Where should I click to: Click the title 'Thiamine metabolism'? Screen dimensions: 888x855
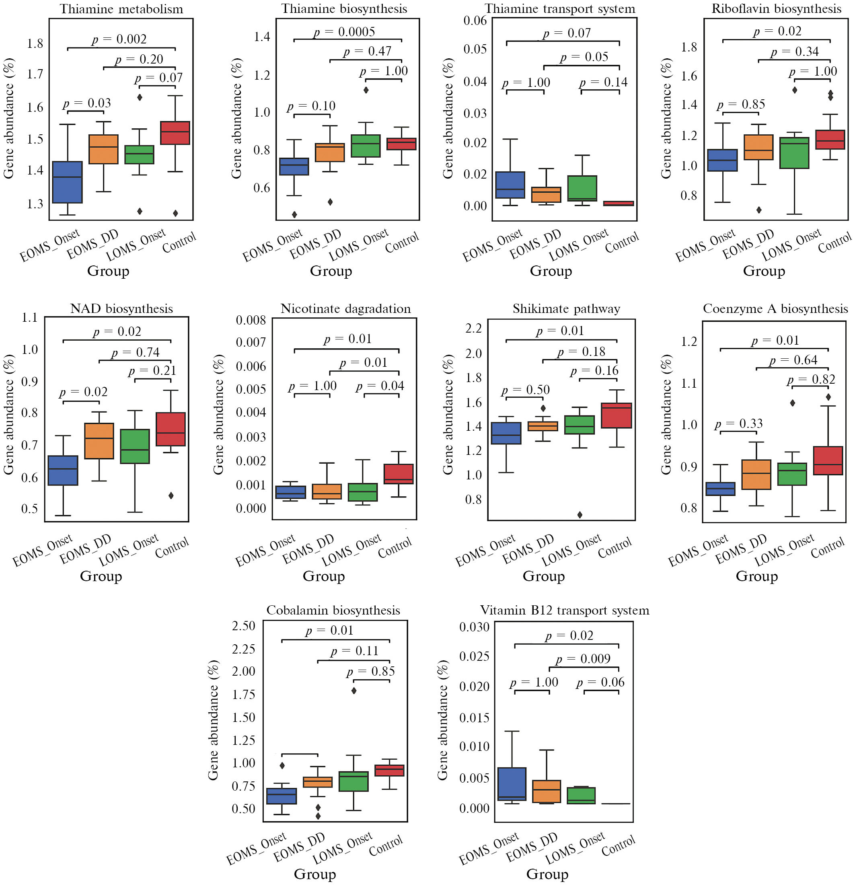coord(121,9)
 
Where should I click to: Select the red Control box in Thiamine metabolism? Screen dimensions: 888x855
coord(175,133)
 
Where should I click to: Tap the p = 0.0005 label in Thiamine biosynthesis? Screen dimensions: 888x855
coord(344,32)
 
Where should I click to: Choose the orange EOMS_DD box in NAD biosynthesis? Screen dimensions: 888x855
coord(99,441)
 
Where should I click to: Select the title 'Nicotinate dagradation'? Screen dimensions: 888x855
coord(345,308)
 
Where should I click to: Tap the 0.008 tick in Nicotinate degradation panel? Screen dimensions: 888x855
coord(251,320)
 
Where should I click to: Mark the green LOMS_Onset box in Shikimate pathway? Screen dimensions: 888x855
coord(580,425)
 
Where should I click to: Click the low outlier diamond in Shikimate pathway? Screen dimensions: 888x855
coord(580,515)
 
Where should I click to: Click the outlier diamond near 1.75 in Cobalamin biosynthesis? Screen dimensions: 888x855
coord(354,691)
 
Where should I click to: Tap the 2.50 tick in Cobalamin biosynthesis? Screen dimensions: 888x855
coord(244,626)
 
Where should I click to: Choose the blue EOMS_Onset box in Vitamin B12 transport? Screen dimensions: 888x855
coord(512,784)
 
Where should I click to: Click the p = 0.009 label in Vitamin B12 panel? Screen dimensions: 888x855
coord(583,659)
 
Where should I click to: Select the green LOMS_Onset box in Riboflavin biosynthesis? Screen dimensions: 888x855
coord(794,153)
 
